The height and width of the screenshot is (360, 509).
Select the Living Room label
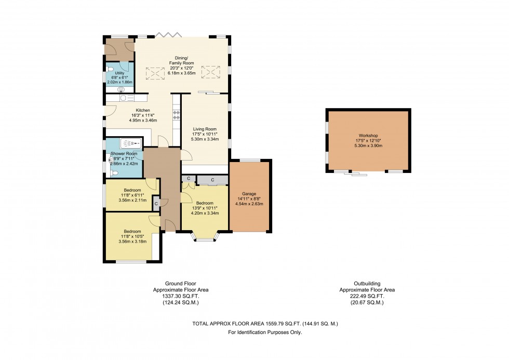205,129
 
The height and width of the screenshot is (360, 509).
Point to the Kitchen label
143,110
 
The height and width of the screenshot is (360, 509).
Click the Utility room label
119,73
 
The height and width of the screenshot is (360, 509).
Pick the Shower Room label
124,154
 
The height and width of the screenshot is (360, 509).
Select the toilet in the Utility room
110,69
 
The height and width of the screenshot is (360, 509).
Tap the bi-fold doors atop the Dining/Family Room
167,35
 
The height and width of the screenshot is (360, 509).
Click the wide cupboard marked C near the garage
212,180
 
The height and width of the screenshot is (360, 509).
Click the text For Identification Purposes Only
265,332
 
